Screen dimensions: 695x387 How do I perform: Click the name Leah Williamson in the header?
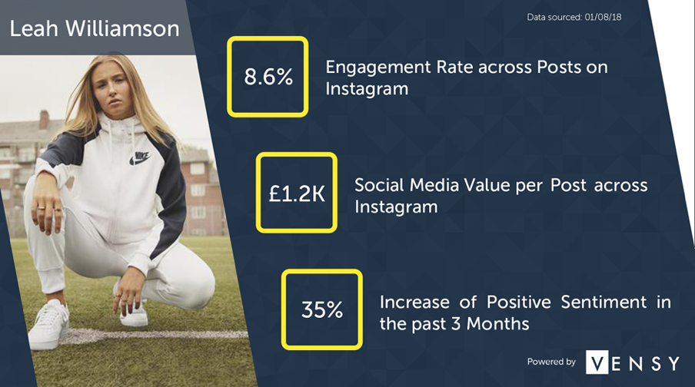95,28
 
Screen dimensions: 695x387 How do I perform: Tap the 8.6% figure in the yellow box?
268,77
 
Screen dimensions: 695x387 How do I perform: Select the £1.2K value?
297,193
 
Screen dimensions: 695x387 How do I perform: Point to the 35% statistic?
322,309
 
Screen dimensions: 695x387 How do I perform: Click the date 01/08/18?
603,17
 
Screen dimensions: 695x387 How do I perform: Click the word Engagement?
378,68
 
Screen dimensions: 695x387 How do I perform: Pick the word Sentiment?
604,302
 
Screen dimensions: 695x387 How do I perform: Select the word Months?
497,324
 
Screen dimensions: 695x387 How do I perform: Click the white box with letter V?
597,362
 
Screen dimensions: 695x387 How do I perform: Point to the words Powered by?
551,362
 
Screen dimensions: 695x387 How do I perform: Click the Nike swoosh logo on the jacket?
140,158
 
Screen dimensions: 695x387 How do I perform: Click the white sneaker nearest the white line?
50,325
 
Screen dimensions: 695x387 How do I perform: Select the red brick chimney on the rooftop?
45,119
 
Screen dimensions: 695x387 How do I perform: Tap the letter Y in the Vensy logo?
673,363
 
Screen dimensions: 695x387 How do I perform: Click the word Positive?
519,302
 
